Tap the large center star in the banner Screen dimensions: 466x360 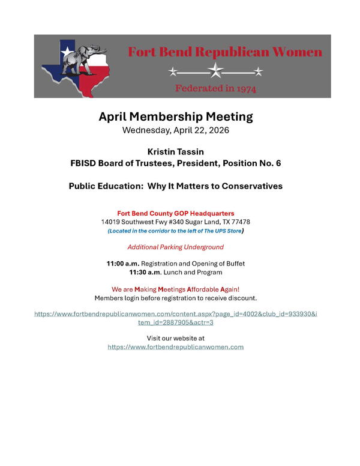(x=215, y=72)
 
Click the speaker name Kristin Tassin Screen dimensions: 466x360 (x=176, y=153)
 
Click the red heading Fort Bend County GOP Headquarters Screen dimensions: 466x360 (x=176, y=213)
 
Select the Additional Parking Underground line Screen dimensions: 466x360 (x=175, y=247)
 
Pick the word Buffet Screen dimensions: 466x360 (x=234, y=264)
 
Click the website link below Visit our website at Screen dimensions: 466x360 (x=176, y=347)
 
